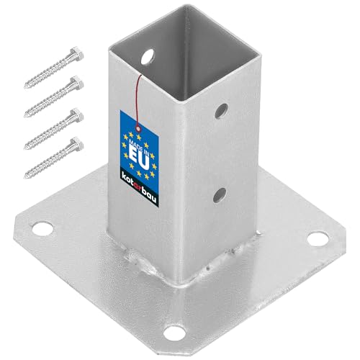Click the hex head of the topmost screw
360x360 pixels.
pos(77,53)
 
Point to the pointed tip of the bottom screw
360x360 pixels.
pos(24,177)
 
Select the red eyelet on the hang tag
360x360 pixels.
pos(138,129)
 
